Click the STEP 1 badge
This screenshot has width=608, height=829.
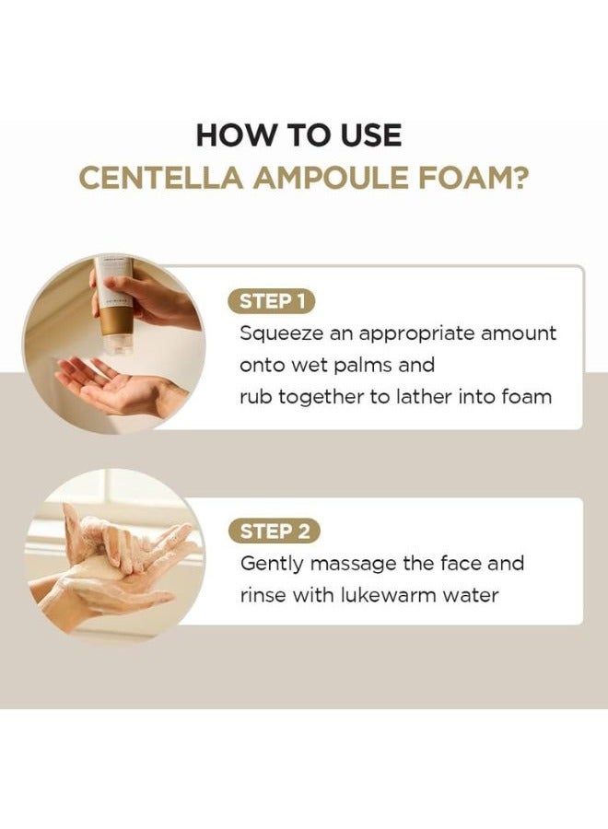tap(273, 300)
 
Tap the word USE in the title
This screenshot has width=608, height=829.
tap(368, 135)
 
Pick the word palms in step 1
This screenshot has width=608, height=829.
tap(359, 365)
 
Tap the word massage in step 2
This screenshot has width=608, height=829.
tap(357, 563)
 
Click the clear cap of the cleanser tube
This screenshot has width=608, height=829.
tap(116, 343)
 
